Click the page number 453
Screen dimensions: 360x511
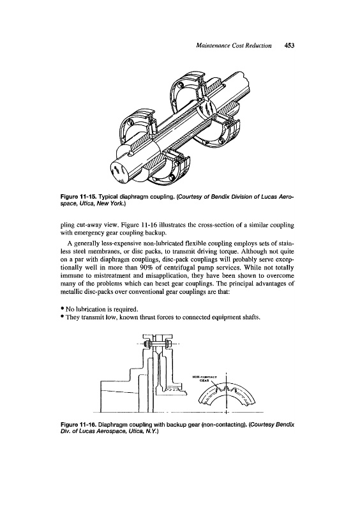(289, 45)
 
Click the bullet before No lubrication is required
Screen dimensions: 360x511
(62, 309)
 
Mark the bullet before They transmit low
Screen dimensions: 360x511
(62, 316)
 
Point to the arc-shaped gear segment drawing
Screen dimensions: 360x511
(227, 393)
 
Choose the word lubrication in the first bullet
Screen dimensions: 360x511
(88, 309)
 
